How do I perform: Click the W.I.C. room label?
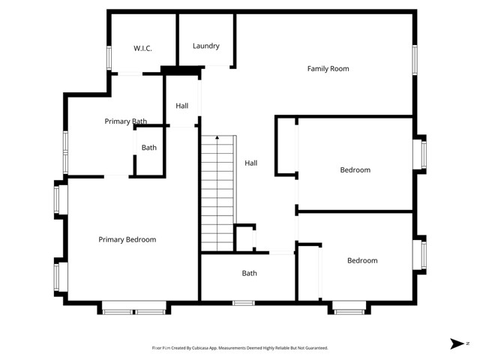[142, 48]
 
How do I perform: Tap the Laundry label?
[205, 46]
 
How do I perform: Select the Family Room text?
[328, 68]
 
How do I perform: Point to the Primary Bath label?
[125, 121]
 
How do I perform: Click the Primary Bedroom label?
[127, 239]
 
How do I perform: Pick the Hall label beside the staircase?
[250, 163]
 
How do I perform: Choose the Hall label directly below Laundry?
[181, 106]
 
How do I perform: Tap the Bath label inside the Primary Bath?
[149, 148]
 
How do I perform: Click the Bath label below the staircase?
[249, 273]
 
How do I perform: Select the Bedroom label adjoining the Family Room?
[355, 169]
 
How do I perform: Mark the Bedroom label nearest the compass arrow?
[361, 260]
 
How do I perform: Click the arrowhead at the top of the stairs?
[217, 137]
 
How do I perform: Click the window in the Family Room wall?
[413, 60]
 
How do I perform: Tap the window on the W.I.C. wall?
[109, 58]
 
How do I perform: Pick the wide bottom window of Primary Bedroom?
[133, 307]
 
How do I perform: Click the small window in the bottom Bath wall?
[243, 303]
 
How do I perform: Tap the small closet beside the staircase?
[244, 238]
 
